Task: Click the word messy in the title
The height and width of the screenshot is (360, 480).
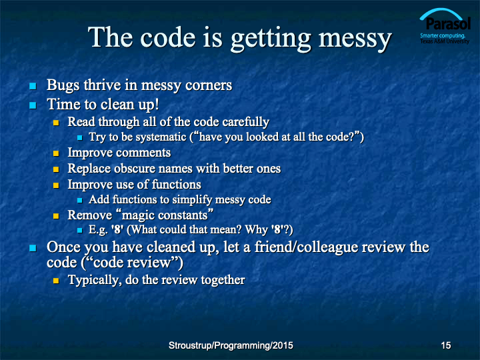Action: click(x=355, y=39)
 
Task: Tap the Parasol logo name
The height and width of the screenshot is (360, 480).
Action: click(x=448, y=23)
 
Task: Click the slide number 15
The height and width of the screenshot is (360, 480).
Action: click(x=446, y=345)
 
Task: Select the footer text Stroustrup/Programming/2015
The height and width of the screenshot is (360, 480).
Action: click(x=231, y=345)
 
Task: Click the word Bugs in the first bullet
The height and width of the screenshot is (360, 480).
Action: click(x=63, y=85)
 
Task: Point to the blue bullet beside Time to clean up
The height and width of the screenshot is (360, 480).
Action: click(x=33, y=105)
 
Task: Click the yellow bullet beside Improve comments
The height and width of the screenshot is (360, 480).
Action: click(x=56, y=153)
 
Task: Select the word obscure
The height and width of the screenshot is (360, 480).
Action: click(x=135, y=169)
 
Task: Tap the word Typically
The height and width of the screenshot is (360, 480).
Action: click(x=95, y=280)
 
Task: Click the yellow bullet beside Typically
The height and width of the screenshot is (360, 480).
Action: click(x=56, y=281)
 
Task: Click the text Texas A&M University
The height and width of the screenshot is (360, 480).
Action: click(x=445, y=41)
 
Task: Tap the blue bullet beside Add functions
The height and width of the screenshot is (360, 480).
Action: click(x=79, y=200)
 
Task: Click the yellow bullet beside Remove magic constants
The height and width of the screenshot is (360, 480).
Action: click(x=56, y=216)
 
